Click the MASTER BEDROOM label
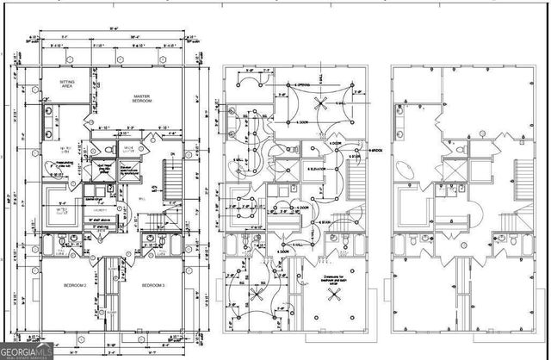142,98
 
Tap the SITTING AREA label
67,84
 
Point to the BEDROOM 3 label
152,285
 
